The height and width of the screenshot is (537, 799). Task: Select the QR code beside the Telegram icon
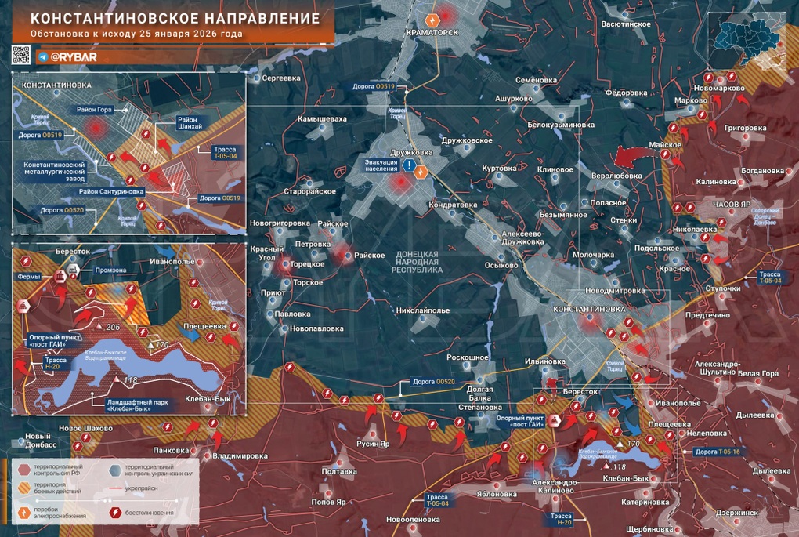(21, 56)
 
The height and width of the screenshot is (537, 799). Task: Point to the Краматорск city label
(431, 32)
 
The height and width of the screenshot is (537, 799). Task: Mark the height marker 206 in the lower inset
(112, 326)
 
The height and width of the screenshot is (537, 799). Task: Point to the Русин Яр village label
(373, 443)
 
